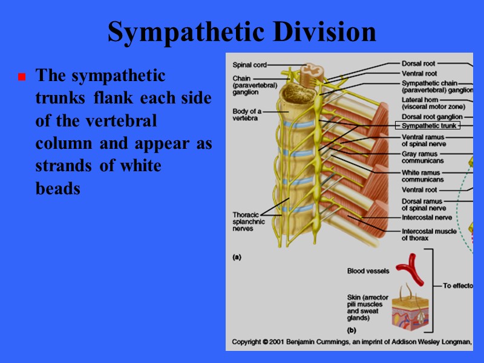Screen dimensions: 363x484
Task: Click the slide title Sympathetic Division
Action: point(241,32)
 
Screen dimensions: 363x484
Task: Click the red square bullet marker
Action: point(21,77)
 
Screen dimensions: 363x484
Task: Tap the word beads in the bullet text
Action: point(57,189)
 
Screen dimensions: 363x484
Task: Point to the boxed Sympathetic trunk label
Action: point(427,126)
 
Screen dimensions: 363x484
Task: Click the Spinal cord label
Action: point(249,64)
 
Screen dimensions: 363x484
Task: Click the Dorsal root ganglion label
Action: point(432,116)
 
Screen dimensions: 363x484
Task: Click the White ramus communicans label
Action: point(422,176)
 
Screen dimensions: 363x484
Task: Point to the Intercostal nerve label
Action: point(427,217)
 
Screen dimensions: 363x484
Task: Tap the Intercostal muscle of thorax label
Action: point(428,234)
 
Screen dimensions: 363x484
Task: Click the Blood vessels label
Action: point(368,271)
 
